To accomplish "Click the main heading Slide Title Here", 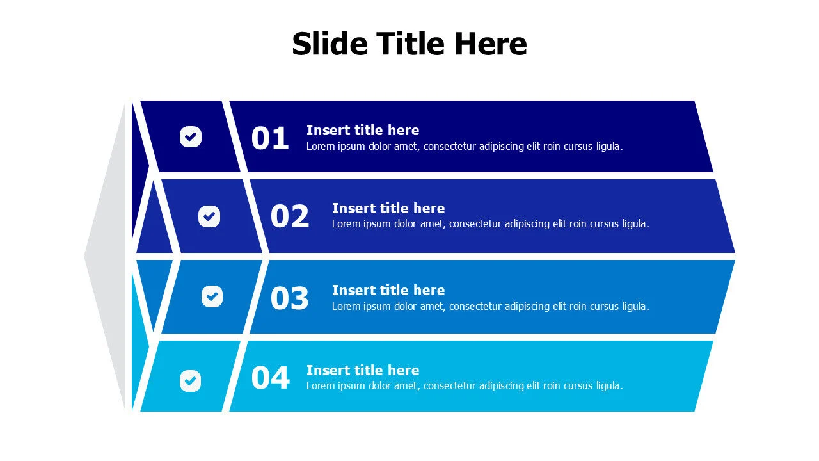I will coord(409,44).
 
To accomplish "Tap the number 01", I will coord(270,138).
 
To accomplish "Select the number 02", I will coord(290,216).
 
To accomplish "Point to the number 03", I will coord(290,298).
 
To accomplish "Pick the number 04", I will coord(270,378).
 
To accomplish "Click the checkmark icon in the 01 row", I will coord(191,136).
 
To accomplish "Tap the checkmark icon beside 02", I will coord(209,216).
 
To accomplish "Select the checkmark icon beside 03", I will coord(212,296).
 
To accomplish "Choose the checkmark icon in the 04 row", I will coord(190,381).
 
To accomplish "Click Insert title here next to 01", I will coord(363,130).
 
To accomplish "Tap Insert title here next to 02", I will coord(388,208).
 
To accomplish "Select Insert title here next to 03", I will coord(388,290).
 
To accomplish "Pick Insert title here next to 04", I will coord(363,370).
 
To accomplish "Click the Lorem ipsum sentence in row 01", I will coord(465,146).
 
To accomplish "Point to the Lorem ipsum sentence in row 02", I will coord(490,224).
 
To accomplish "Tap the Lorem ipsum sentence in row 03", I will coord(490,306).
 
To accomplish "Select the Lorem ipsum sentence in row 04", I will coord(465,385).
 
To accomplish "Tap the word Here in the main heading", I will coord(491,44).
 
